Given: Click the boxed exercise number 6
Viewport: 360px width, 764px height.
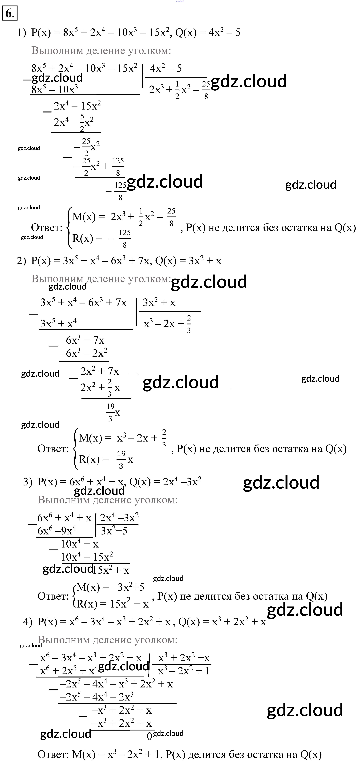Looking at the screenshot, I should tap(10, 13).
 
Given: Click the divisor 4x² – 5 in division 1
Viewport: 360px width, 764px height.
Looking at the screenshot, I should tap(166, 69).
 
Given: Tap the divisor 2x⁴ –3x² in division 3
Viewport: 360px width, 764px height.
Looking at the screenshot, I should tap(119, 517).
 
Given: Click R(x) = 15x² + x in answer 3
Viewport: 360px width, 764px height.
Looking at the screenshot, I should tap(112, 604).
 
